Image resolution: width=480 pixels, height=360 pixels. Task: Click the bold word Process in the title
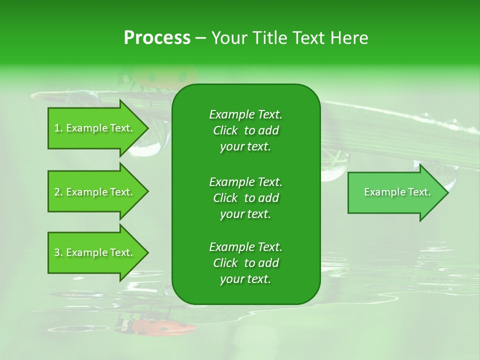tap(157, 38)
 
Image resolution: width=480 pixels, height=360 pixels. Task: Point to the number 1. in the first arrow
tap(58, 128)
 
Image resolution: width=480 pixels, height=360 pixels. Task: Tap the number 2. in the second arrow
tap(58, 192)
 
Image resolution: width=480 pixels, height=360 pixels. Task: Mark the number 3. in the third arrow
tap(58, 252)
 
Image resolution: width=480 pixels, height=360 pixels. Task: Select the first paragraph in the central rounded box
tap(245, 130)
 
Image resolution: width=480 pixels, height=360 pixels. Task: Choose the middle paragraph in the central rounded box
tap(245, 198)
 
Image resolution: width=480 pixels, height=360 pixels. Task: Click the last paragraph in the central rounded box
tap(245, 263)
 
